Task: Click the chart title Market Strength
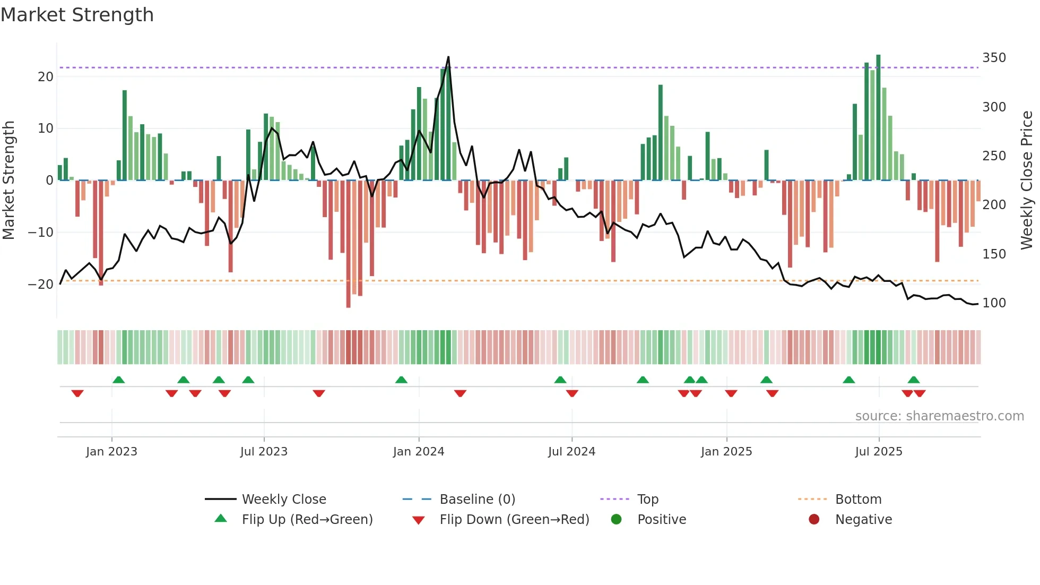coord(77,15)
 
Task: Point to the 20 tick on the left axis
coord(46,76)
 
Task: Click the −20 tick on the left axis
coord(41,284)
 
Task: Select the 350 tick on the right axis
coord(994,57)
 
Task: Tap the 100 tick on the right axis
coord(994,303)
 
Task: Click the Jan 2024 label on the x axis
coord(418,452)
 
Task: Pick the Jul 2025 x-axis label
coord(878,452)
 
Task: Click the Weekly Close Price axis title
coord(1027,180)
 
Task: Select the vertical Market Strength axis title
coord(8,180)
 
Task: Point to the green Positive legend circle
coord(616,519)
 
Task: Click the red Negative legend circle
coord(814,519)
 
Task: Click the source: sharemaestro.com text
coord(939,416)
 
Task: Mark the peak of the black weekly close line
coord(448,57)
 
